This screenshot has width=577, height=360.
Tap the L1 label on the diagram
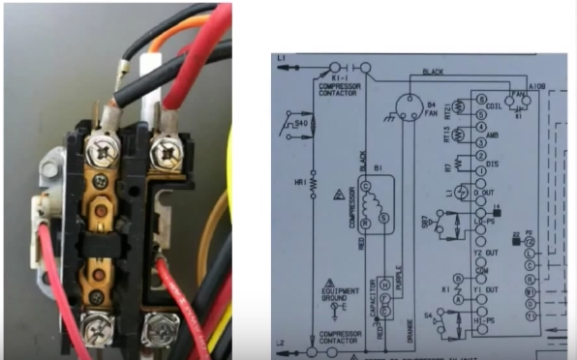point(282,59)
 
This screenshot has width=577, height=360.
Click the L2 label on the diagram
point(282,344)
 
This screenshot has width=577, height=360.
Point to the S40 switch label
point(301,123)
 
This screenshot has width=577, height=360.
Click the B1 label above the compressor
point(377,166)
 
